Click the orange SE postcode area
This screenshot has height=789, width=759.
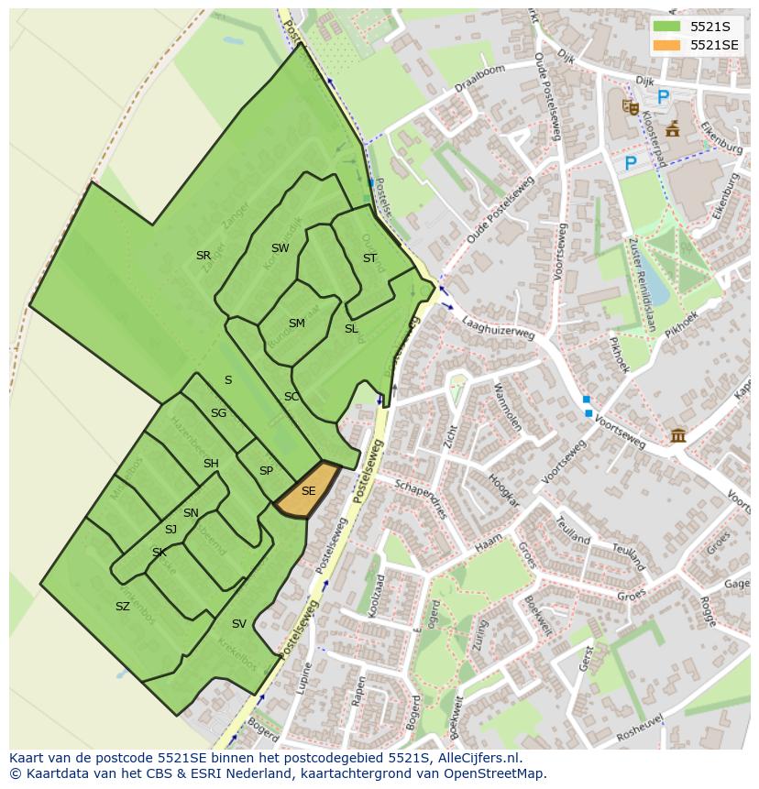306,492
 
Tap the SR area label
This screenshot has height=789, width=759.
203,256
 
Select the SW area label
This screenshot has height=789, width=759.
280,248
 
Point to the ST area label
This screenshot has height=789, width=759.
369,258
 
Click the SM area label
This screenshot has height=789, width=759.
296,323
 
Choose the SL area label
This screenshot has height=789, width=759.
351,329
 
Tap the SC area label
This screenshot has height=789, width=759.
291,397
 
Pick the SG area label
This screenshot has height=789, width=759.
218,413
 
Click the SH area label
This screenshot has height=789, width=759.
211,464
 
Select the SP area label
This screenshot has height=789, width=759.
266,471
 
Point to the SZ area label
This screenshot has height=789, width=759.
122,607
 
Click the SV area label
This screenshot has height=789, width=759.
239,624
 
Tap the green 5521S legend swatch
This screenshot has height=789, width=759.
666,27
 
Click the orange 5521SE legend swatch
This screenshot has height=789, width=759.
666,45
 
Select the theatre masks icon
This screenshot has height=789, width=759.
630,107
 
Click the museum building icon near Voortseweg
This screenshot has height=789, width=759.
678,434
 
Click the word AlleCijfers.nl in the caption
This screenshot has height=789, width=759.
476,759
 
